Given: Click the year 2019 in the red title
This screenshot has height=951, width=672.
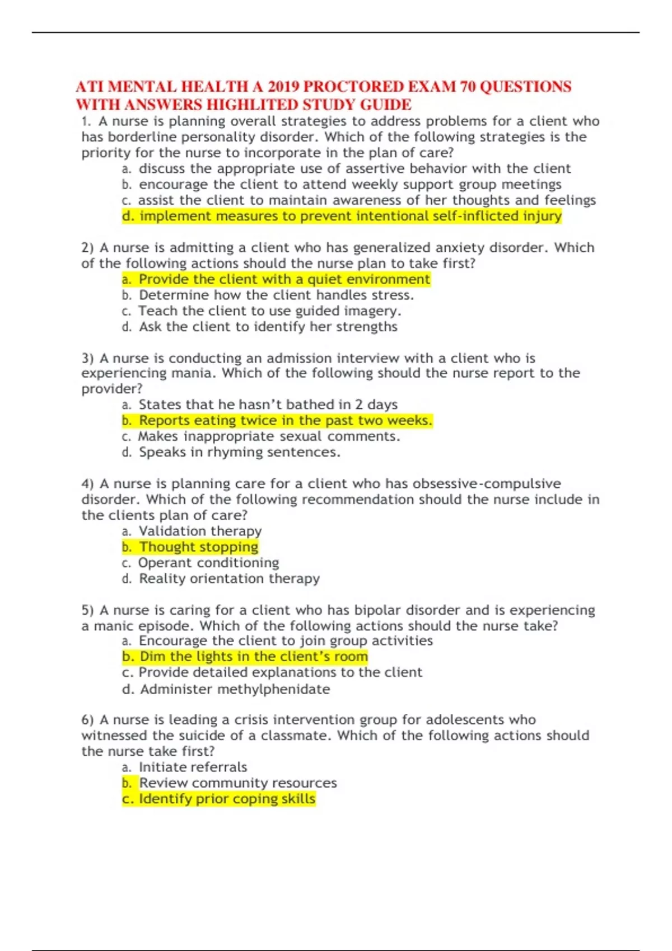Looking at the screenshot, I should click(x=283, y=87).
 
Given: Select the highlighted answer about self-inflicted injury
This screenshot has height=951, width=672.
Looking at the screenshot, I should click(x=342, y=216).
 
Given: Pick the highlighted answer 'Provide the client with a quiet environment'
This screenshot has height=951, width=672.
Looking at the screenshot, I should click(x=276, y=279).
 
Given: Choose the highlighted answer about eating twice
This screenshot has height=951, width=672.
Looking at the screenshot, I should click(x=277, y=420).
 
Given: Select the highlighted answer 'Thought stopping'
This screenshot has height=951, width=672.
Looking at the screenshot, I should click(x=190, y=547).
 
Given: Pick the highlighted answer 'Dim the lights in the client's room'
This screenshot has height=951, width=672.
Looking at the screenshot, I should click(x=245, y=656).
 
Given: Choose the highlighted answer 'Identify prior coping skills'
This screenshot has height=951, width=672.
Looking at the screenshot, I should click(x=219, y=799).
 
